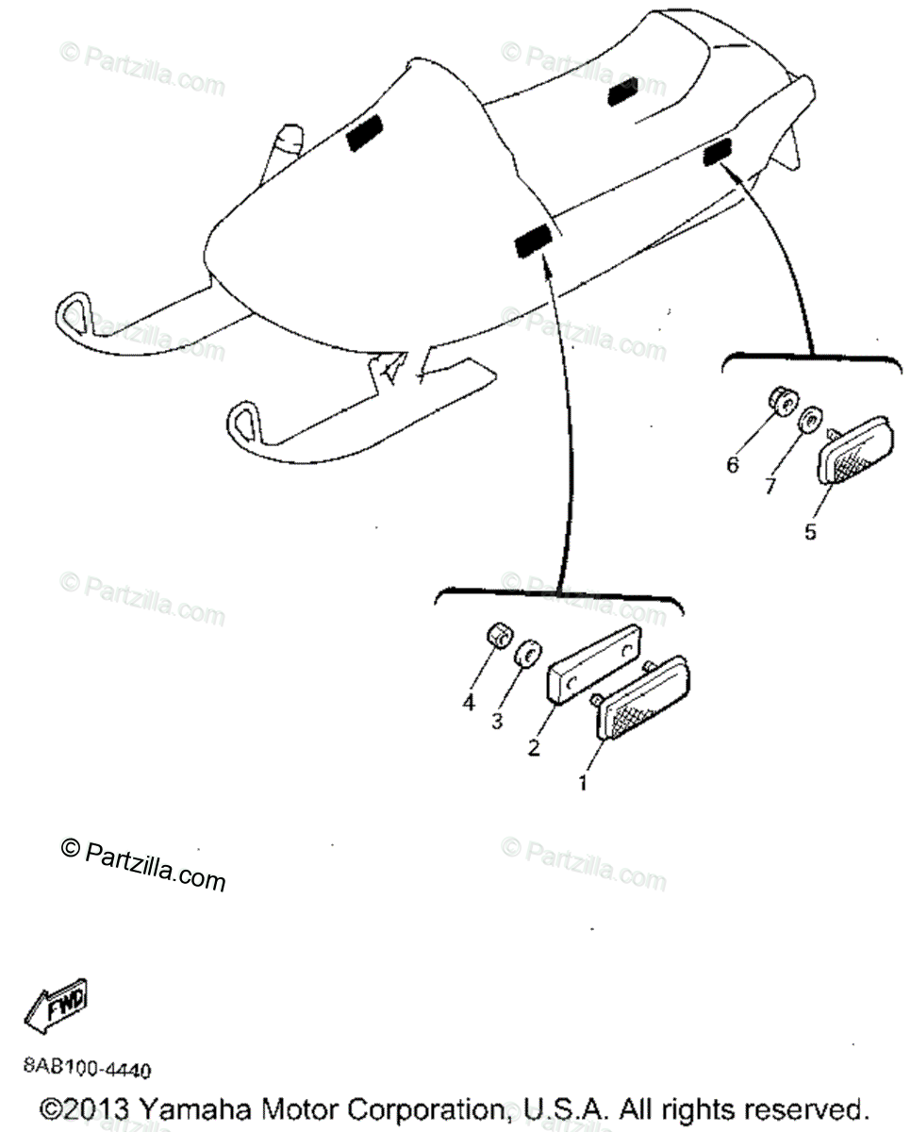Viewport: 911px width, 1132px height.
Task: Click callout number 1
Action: (x=583, y=782)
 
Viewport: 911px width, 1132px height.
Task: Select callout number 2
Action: (x=534, y=748)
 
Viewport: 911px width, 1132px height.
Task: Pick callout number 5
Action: (x=810, y=531)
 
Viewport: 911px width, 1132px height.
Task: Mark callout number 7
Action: (x=770, y=486)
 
